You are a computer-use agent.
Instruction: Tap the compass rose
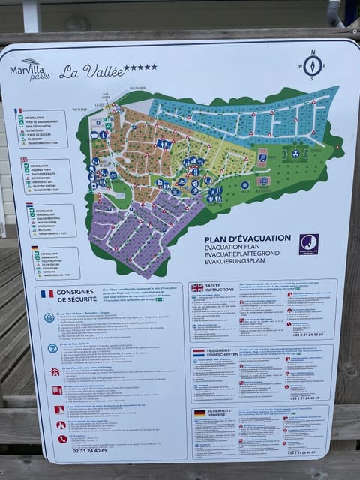pos(312,65)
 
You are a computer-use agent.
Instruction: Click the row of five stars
pos(140,67)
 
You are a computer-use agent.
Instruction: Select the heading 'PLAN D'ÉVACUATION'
pos(247,238)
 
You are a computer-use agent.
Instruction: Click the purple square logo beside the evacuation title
pos(308,244)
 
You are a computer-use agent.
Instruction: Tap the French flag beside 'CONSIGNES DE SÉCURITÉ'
pos(47,293)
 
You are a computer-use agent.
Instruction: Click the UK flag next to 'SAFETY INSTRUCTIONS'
pos(197,287)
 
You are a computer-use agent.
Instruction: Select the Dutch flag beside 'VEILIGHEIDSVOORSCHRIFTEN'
pos(198,352)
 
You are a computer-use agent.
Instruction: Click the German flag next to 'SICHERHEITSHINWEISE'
pos(199,412)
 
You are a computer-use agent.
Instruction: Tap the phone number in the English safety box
pos(308,334)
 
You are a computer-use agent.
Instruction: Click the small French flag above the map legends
pos(18,111)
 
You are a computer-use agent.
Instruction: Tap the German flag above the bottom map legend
pos(34,247)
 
